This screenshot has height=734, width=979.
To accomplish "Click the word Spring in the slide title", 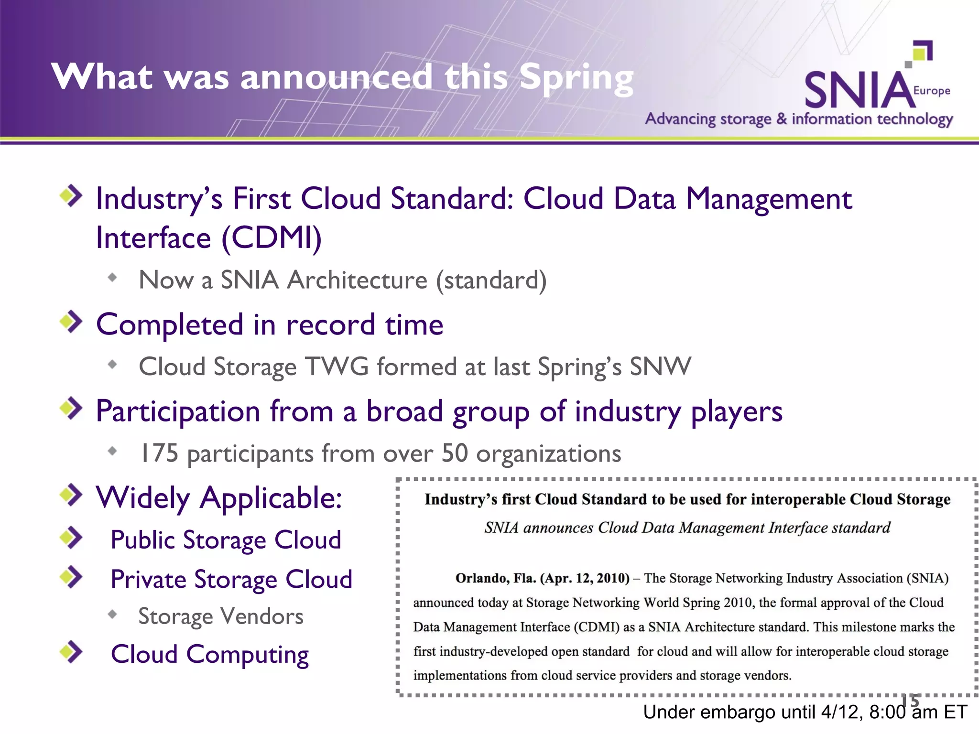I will pyautogui.click(x=576, y=78).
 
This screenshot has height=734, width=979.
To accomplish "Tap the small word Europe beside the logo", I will pyautogui.click(x=932, y=90).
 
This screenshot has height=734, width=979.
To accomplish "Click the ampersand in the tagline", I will pyautogui.click(x=782, y=118).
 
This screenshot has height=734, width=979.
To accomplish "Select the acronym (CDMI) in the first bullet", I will pyautogui.click(x=272, y=238).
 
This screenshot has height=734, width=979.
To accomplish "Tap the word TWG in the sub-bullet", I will pyautogui.click(x=337, y=367).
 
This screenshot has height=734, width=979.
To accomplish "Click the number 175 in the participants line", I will pyautogui.click(x=158, y=453).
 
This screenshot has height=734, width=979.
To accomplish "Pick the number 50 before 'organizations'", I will pyautogui.click(x=454, y=453).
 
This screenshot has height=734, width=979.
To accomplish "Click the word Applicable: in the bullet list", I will pyautogui.click(x=271, y=498).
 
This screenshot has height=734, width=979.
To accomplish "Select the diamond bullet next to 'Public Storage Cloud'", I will pyautogui.click(x=71, y=538).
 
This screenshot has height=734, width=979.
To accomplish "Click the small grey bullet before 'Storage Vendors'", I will pyautogui.click(x=112, y=615).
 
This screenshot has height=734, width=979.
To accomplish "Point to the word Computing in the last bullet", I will pyautogui.click(x=248, y=655).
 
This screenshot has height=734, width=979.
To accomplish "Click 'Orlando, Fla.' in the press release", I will pyautogui.click(x=495, y=578).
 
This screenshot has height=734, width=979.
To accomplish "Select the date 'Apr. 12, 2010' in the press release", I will pyautogui.click(x=585, y=578).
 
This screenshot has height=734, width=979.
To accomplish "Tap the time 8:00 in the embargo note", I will pyautogui.click(x=887, y=712).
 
